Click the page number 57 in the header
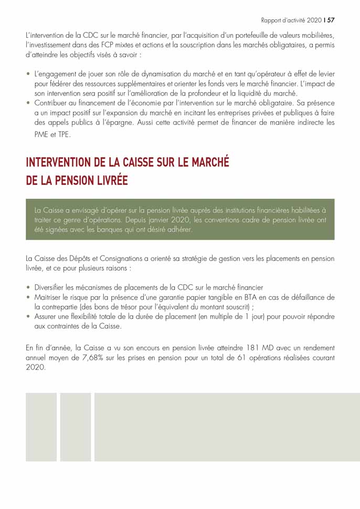[x=331, y=20]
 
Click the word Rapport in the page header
[x=272, y=20]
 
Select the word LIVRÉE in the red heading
[x=109, y=180]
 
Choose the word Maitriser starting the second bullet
[x=49, y=297]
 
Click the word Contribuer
[x=53, y=103]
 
